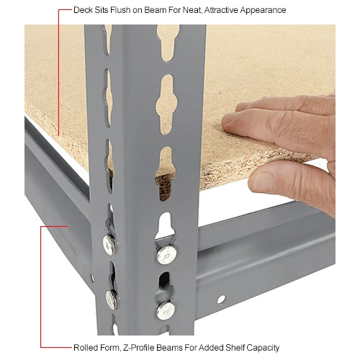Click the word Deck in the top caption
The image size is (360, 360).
[x=84, y=11]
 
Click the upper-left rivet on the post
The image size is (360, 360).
[x=109, y=246]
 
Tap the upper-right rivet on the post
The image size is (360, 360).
[x=166, y=254]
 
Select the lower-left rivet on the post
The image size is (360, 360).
[x=112, y=299]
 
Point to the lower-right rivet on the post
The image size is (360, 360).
[x=166, y=309]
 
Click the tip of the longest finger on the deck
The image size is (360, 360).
[x=229, y=123]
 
